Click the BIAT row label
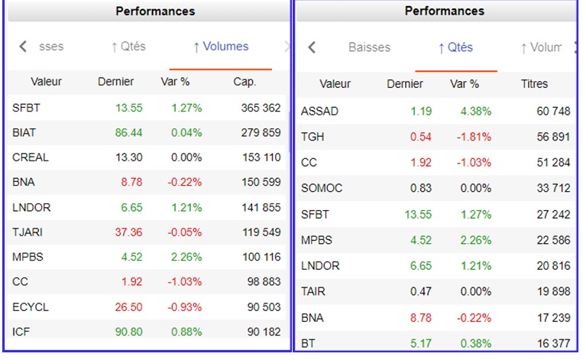24,133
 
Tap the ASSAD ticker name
319,112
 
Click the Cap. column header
245,82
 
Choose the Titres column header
534,84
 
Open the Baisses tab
369,47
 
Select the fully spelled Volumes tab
221,47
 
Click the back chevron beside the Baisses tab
312,47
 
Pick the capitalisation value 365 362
261,109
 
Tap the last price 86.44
128,133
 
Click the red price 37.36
128,232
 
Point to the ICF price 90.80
128,332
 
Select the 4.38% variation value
475,112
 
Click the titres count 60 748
553,112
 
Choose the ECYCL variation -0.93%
183,307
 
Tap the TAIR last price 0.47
421,292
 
